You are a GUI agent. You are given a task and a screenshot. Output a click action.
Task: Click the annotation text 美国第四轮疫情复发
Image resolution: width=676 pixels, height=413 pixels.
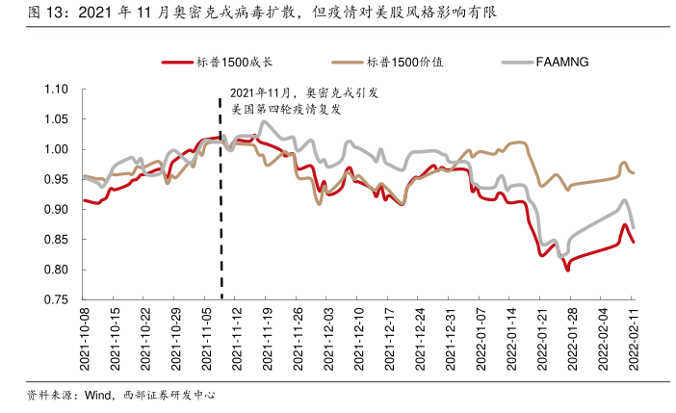(x=287, y=110)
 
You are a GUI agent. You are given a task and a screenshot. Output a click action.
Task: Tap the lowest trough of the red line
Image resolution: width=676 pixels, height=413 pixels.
(x=568, y=271)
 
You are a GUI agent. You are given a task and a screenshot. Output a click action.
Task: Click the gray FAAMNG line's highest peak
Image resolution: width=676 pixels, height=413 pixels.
(x=264, y=121)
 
